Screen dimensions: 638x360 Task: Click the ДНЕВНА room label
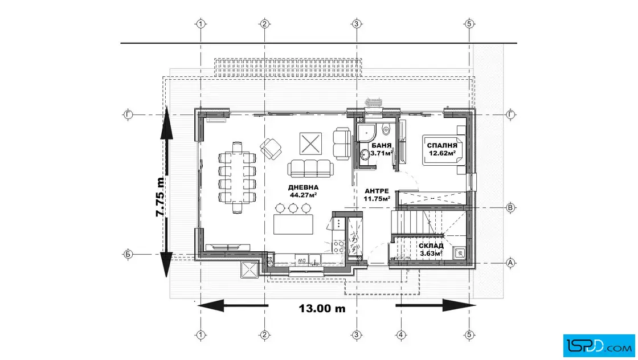303,187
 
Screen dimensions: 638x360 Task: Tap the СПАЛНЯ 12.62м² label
442,149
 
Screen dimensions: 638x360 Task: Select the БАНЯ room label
381,145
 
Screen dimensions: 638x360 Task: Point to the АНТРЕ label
377,191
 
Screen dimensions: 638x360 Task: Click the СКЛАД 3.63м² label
431,249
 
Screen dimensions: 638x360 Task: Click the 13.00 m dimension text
322,308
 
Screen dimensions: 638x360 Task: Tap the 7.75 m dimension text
160,197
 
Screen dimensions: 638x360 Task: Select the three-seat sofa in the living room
310,168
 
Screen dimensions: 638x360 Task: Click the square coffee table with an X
310,144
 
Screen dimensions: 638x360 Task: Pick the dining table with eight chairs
237,177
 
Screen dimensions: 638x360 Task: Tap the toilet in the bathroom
387,129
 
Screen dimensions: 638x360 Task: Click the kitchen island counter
293,224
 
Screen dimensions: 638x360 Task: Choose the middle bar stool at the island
293,208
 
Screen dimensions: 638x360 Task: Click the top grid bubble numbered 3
357,24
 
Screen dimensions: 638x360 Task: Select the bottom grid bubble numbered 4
401,335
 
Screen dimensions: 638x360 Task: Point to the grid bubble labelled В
510,208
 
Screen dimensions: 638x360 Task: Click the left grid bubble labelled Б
128,255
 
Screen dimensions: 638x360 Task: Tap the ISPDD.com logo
599,346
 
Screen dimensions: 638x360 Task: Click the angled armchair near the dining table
271,149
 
